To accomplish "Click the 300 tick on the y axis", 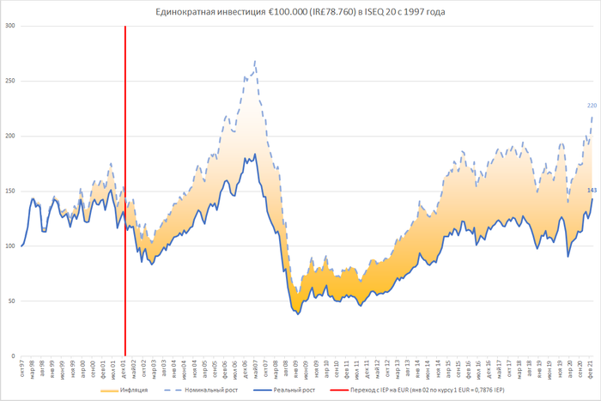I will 10,26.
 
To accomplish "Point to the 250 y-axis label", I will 10,81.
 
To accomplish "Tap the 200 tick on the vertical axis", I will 10,136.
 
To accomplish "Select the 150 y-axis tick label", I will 10,191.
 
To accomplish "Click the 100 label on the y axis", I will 10,246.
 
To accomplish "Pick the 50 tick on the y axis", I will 12,301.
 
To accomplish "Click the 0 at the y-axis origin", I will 14,355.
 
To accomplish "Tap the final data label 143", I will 592,190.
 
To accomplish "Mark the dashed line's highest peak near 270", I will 255,62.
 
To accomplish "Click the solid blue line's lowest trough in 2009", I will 298,314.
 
